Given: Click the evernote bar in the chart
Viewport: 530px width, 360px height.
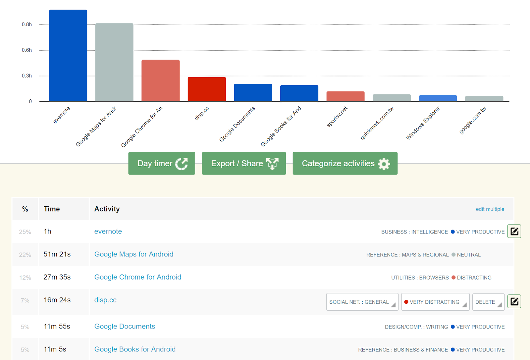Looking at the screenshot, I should coord(68,56).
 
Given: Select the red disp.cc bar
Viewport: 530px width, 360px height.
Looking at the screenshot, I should coord(207,89).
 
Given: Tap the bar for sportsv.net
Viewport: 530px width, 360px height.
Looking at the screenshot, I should coord(345,96).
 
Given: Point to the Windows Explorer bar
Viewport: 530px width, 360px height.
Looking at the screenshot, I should coord(438,98).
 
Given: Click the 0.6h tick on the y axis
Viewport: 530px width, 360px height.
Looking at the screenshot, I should coord(27,50).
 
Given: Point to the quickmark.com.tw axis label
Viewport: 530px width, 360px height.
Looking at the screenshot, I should coord(377,123).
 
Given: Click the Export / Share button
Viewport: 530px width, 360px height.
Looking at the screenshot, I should coord(244,163).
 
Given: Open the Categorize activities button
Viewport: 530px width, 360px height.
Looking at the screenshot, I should coord(345,163).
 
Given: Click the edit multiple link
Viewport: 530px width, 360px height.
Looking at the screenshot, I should coord(490,209).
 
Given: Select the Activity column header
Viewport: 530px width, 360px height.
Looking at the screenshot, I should coord(107,209).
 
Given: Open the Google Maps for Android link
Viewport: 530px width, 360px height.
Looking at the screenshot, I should coord(133,254).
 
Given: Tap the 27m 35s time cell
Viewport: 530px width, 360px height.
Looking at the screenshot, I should coord(57,277).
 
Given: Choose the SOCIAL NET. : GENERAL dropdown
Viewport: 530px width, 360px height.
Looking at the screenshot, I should coord(362,302).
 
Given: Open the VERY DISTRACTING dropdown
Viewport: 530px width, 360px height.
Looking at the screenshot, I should coord(435,302).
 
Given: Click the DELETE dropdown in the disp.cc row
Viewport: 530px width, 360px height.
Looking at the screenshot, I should coord(488,302).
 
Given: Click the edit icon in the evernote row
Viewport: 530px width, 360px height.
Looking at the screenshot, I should coord(514,231).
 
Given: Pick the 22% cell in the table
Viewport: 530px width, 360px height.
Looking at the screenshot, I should coord(25,255).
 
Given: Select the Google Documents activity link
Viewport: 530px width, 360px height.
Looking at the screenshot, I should coord(125,327).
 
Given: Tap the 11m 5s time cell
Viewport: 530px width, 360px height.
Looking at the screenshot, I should coord(55,349).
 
